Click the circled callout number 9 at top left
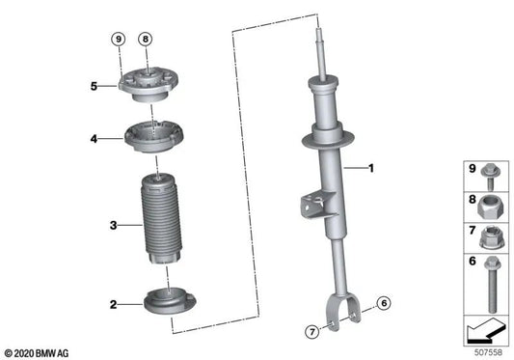119,39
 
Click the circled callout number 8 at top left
145,39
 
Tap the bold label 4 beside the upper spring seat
95,139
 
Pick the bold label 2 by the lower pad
113,305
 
